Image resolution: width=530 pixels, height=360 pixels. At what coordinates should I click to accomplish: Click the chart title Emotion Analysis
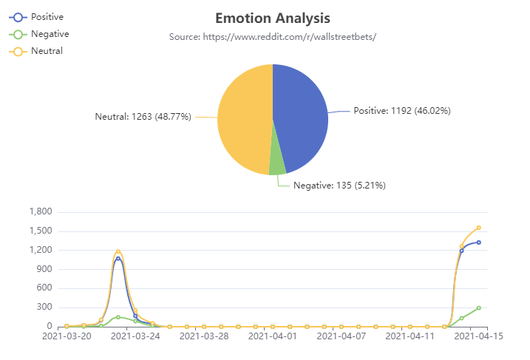(x=272, y=18)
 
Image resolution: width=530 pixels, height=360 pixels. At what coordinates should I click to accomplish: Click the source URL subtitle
(x=272, y=36)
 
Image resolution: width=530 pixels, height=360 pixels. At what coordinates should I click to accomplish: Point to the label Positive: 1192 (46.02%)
(x=401, y=111)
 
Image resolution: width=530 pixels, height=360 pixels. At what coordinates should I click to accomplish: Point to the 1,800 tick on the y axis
(x=40, y=212)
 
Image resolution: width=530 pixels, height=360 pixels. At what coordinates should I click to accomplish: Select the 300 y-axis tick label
(x=44, y=308)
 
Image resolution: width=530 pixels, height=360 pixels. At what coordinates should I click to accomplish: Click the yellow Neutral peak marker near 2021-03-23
(x=118, y=252)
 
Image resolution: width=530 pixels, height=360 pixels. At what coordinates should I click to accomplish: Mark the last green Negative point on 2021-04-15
(x=479, y=308)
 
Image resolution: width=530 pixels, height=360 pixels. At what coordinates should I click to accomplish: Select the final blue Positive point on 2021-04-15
(x=479, y=242)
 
